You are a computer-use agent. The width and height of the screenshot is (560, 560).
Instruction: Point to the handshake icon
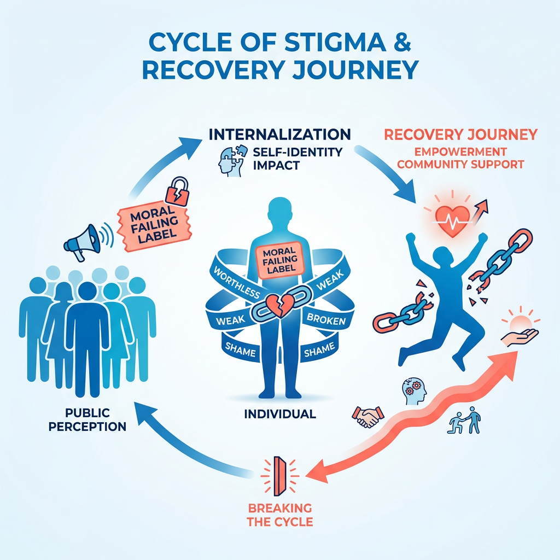point(368,416)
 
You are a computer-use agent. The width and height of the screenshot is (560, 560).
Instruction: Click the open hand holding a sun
point(520,329)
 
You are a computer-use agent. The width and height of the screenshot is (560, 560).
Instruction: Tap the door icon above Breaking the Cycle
point(279,476)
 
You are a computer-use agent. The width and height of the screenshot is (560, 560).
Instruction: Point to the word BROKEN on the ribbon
point(326,319)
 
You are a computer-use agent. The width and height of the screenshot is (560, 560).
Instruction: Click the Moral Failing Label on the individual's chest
point(279,260)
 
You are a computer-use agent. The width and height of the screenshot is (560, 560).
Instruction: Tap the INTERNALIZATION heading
point(279,135)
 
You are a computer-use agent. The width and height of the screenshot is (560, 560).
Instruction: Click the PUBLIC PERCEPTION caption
point(87,419)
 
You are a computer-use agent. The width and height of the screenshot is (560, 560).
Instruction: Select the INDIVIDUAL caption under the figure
point(280,414)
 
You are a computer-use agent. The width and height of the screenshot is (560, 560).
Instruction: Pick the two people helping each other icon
point(464,420)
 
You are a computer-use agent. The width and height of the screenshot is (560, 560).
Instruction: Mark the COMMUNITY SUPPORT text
point(460,164)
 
